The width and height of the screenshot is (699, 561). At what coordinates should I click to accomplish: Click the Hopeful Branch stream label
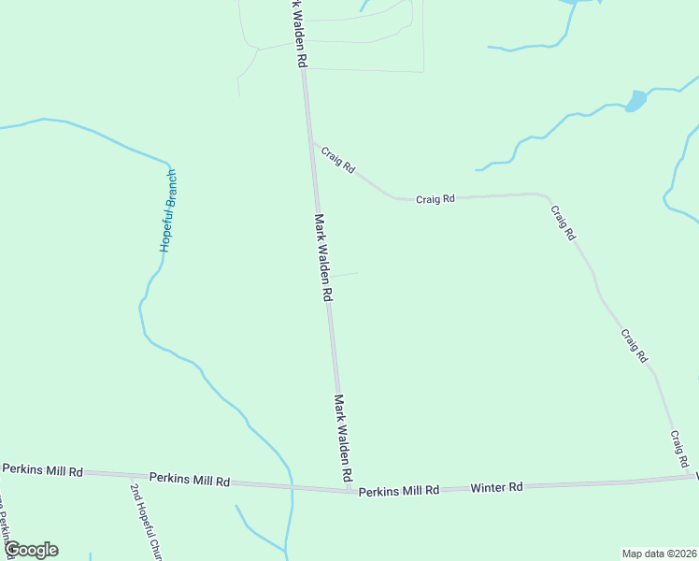[168, 211]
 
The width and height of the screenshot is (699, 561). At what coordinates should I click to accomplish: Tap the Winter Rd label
[496, 487]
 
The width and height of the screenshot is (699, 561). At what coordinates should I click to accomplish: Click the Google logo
[31, 550]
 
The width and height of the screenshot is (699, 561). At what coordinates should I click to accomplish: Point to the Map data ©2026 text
[659, 553]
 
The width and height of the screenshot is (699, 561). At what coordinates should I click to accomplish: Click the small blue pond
[635, 101]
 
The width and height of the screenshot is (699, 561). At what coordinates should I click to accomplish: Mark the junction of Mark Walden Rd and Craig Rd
[312, 142]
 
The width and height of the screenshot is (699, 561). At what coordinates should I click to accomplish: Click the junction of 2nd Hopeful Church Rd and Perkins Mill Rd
[128, 476]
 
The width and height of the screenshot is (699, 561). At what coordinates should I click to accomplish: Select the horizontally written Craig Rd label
[435, 198]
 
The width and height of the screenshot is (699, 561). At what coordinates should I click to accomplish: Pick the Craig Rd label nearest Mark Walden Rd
[338, 161]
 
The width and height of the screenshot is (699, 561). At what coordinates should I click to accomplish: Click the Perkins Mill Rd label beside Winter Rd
[399, 490]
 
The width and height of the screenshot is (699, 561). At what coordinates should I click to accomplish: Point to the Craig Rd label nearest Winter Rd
[678, 450]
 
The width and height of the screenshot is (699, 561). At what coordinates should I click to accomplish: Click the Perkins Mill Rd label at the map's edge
[43, 469]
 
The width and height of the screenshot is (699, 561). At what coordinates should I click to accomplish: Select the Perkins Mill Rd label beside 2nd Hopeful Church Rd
[189, 480]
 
